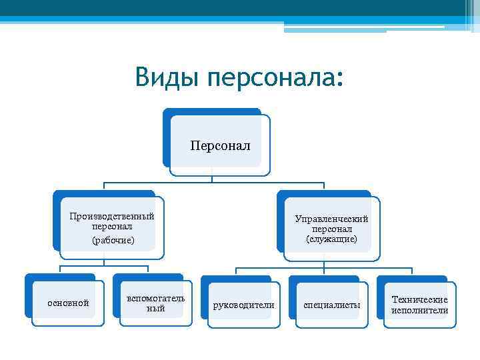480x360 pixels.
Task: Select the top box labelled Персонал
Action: click(220, 145)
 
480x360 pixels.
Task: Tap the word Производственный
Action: click(112, 216)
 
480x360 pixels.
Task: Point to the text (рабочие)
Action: click(113, 239)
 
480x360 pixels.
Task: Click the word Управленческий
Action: click(331, 219)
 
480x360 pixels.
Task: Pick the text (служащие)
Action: click(331, 239)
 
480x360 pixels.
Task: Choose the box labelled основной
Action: click(68, 303)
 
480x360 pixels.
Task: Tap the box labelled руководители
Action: click(243, 305)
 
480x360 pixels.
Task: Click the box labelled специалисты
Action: click(331, 305)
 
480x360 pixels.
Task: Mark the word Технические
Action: click(419, 300)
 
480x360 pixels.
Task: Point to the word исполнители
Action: click(419, 310)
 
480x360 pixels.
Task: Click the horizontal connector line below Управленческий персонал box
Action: click(323, 267)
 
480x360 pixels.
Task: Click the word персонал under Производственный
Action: click(112, 227)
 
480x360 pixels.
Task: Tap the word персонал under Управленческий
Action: click(331, 229)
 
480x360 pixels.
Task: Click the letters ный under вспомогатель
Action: click(155, 308)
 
